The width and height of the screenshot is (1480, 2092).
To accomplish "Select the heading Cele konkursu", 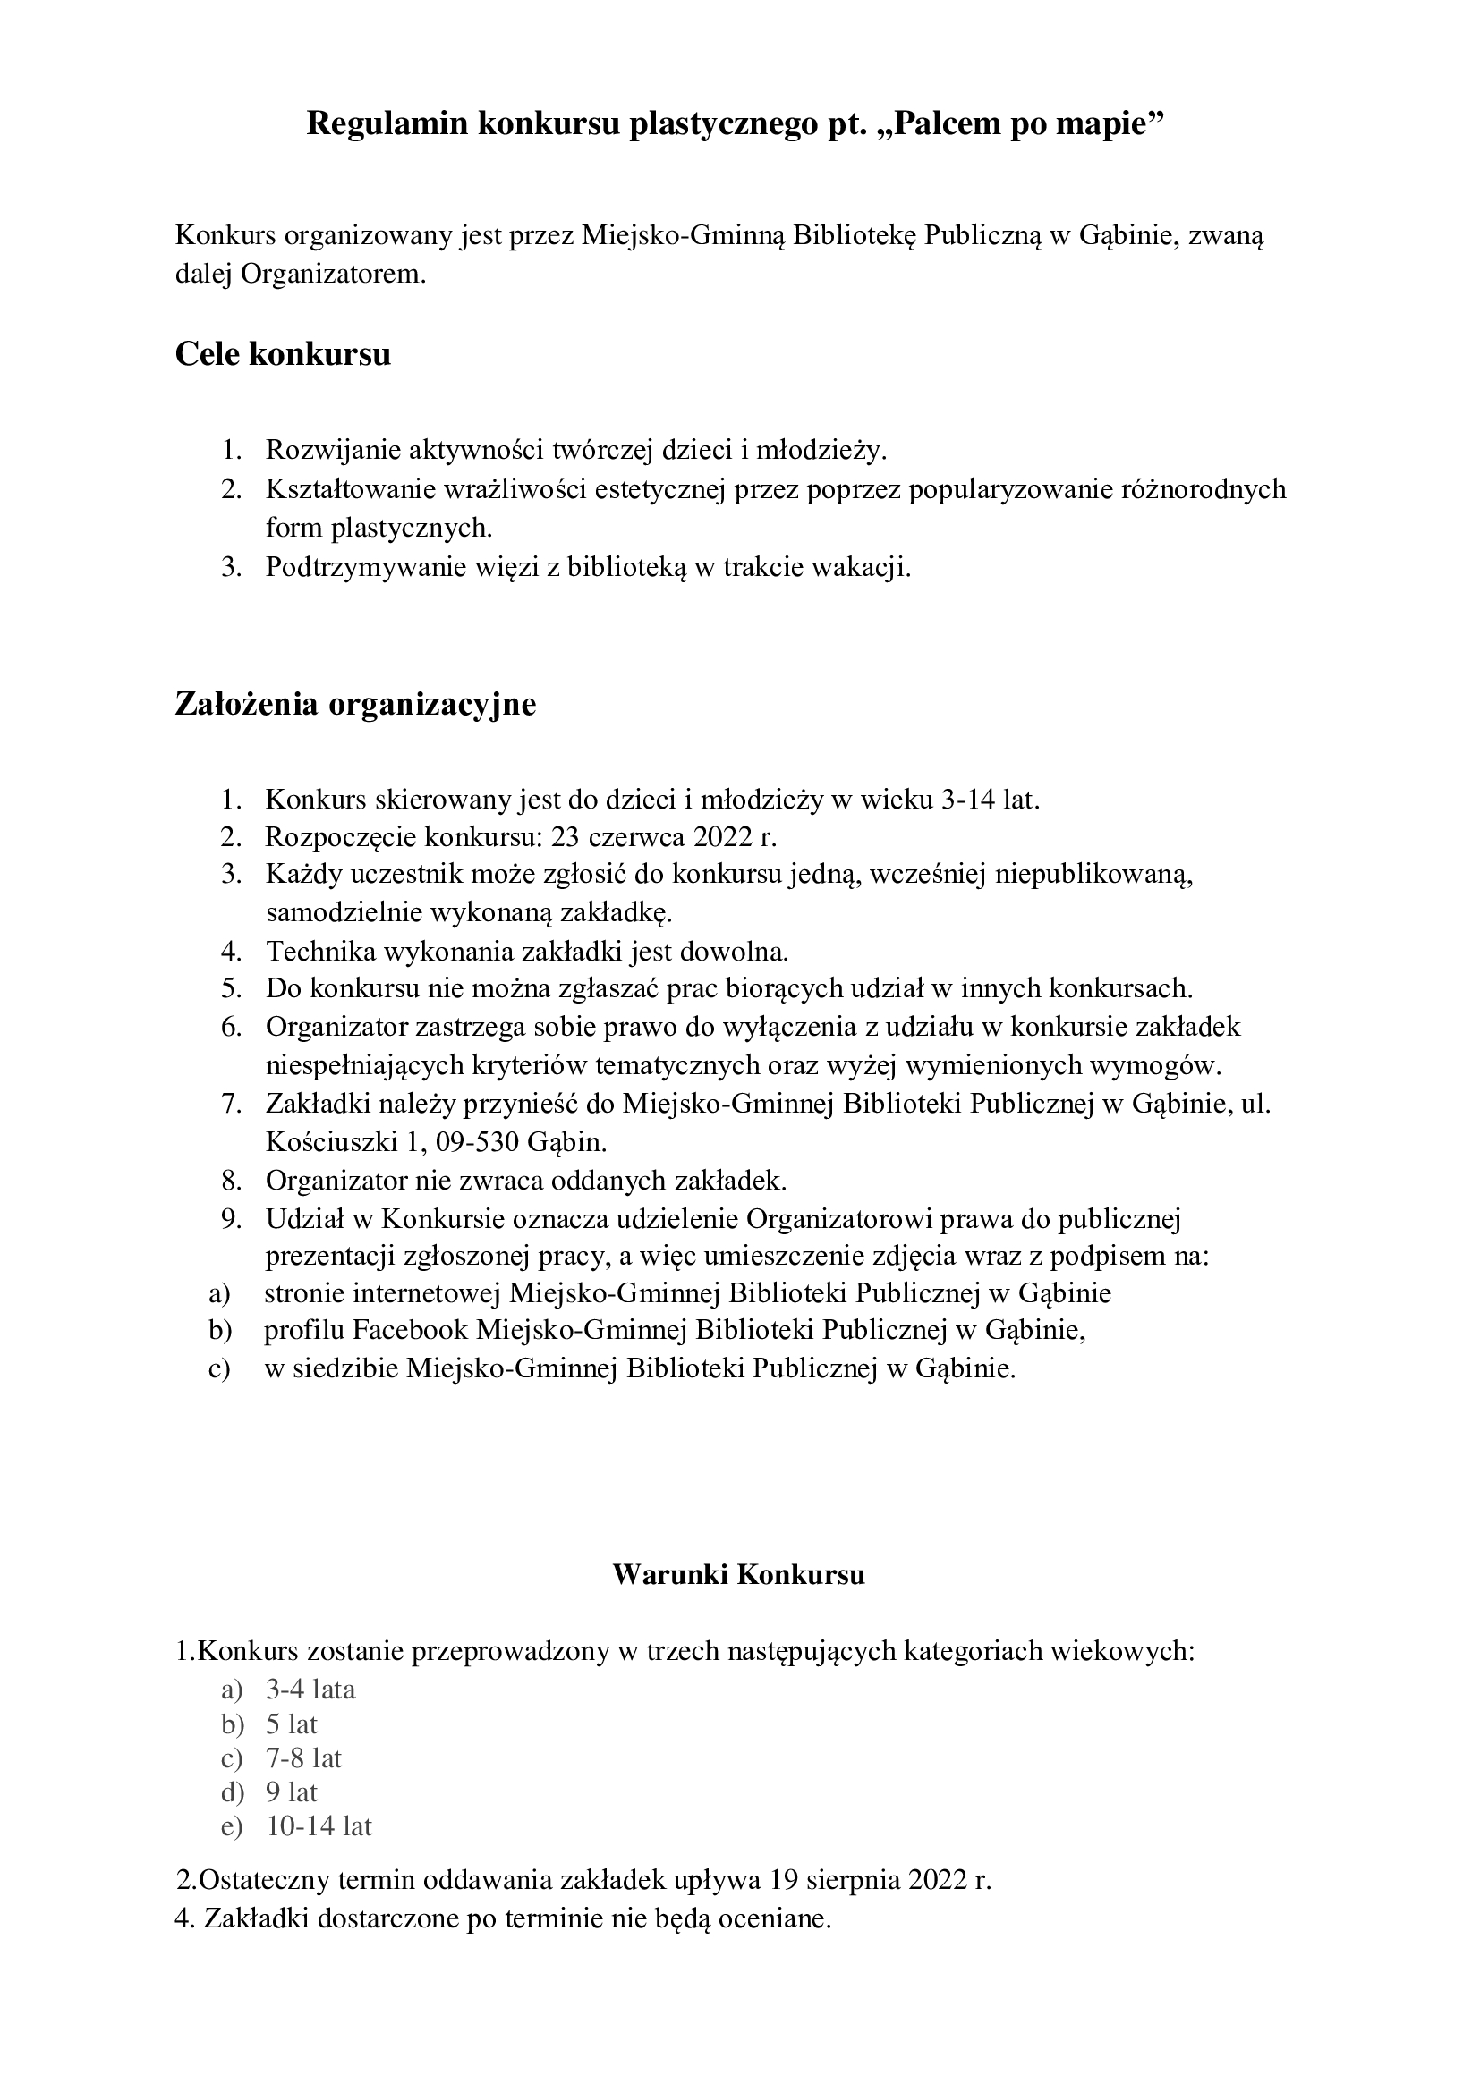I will point(283,353).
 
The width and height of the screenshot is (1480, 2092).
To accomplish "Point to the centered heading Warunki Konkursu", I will point(738,1573).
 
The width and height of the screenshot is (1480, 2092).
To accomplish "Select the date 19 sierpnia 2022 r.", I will point(880,1879).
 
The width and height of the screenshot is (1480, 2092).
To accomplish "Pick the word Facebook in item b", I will point(409,1330).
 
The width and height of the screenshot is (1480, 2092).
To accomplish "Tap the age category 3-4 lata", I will point(310,1689).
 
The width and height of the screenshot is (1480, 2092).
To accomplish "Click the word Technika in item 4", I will point(318,952).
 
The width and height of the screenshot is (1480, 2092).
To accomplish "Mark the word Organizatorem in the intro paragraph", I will point(333,274).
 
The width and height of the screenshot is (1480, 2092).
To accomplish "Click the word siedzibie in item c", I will point(345,1368).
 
